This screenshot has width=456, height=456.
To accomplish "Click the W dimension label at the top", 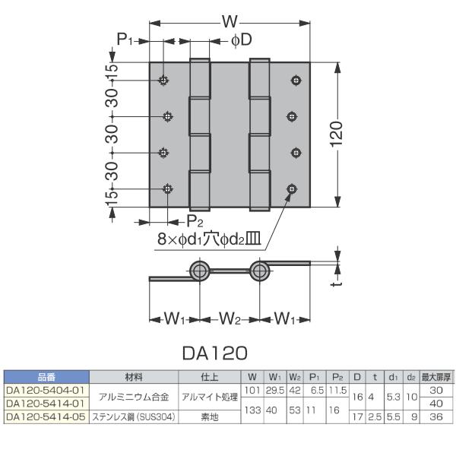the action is coord(230,21).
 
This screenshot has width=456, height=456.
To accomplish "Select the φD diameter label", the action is coord(242,40).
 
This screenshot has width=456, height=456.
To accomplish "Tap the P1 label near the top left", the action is coord(125,39).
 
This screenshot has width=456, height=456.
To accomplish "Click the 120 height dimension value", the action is coord(337,135).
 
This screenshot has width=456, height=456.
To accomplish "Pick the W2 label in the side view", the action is coord(230,318).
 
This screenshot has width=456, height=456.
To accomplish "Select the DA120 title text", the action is coord(215,353).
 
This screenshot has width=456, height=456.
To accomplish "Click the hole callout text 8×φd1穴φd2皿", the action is coord(210,239).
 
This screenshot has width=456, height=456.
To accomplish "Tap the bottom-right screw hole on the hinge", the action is coord(292,189).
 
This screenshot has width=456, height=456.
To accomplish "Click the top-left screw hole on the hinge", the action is coord(163,80).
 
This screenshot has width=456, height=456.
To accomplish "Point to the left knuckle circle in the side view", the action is coord(199,271).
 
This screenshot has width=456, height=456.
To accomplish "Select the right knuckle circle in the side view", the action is coord(259,271).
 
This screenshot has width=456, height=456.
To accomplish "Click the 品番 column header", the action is coord(46,377).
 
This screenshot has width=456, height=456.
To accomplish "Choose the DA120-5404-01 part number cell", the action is coord(45,391).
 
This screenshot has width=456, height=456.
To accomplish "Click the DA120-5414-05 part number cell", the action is coord(46,417).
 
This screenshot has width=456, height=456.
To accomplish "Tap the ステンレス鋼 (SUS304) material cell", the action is coord(134,417).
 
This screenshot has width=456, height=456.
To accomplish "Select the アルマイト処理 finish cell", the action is coord(210,397).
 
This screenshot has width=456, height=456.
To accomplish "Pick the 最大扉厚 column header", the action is coord(436,377).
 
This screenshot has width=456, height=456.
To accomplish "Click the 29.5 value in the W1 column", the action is coord(275,391).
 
